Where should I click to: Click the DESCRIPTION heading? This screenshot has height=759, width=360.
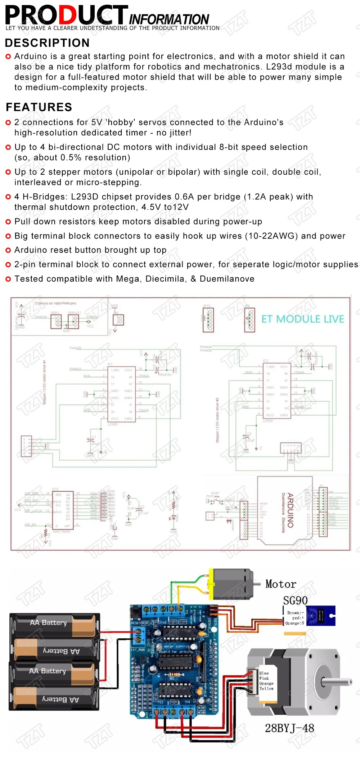[x=47, y=43]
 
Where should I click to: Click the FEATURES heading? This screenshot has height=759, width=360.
[x=39, y=107]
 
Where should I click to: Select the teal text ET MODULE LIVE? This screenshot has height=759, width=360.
[x=302, y=319]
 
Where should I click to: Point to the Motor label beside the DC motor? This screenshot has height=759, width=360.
[x=281, y=584]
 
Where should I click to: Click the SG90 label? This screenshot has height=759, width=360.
[x=295, y=600]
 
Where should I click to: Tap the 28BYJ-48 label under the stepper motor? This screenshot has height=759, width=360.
[x=289, y=728]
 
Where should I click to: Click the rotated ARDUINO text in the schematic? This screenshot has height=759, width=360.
[x=291, y=510]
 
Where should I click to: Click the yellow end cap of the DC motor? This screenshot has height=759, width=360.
[x=212, y=584]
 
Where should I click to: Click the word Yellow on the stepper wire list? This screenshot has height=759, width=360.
[x=266, y=688]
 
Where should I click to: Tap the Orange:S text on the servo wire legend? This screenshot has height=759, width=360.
[x=295, y=623]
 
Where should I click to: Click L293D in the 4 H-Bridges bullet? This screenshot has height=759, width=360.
[x=85, y=197]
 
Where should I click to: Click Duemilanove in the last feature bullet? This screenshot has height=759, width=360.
[x=227, y=279]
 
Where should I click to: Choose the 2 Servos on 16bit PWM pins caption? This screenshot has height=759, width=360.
[x=55, y=303]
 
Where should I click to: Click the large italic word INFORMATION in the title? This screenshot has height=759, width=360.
[x=169, y=19]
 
